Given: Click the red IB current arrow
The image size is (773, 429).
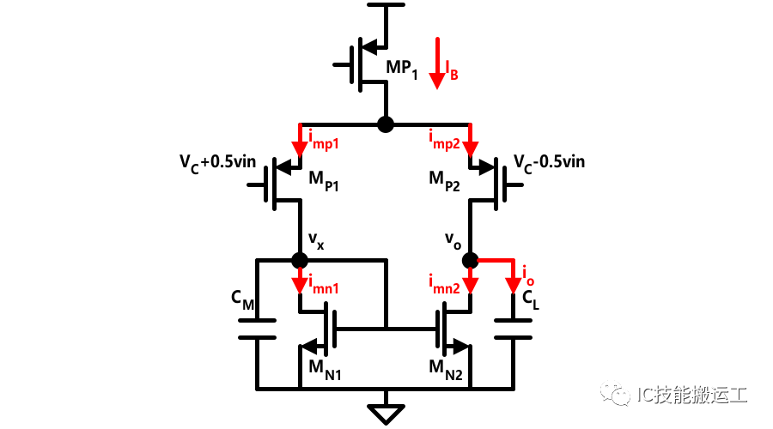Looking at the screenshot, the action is pyautogui.click(x=437, y=63).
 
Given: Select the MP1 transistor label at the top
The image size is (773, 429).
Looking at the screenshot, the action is pyautogui.click(x=402, y=69).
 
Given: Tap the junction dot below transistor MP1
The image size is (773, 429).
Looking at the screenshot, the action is pyautogui.click(x=386, y=124).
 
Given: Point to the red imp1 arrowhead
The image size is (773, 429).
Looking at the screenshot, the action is pyautogui.click(x=300, y=148).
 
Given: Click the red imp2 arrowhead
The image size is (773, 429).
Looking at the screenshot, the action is pyautogui.click(x=471, y=148).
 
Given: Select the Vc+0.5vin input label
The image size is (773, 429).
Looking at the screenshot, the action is pyautogui.click(x=217, y=164).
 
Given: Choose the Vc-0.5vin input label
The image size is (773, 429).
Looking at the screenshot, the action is pyautogui.click(x=549, y=164).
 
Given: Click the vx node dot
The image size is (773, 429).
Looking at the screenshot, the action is pyautogui.click(x=300, y=260).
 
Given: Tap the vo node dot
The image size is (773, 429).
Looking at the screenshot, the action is pyautogui.click(x=471, y=260).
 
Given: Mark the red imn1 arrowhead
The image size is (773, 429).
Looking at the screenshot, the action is pyautogui.click(x=300, y=285).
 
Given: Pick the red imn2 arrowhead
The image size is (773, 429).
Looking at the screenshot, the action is pyautogui.click(x=471, y=285).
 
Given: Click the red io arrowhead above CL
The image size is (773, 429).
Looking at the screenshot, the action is pyautogui.click(x=514, y=285).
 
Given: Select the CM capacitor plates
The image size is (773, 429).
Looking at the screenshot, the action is pyautogui.click(x=257, y=329).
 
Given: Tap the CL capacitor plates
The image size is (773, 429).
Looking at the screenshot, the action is pyautogui.click(x=514, y=329).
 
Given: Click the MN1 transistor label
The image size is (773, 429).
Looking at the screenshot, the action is pyautogui.click(x=325, y=370).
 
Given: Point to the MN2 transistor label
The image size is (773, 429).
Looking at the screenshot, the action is pyautogui.click(x=446, y=370).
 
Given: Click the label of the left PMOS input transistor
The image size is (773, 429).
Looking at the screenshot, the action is pyautogui.click(x=324, y=180).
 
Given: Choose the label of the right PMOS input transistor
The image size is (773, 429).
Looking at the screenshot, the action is pyautogui.click(x=444, y=180).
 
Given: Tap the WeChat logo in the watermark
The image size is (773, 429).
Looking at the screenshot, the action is pyautogui.click(x=615, y=394).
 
